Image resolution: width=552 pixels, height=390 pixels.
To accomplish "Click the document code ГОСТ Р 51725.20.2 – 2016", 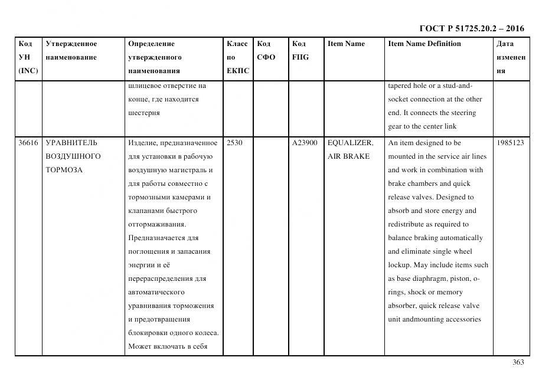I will [471, 28].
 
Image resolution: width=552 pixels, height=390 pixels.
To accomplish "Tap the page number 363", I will [518, 362].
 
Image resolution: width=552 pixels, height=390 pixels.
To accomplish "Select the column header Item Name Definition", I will [424, 44].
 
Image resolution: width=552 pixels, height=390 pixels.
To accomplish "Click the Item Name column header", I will [346, 44].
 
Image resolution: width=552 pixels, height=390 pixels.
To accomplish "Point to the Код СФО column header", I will [266, 51].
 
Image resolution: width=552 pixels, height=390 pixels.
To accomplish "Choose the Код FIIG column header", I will [300, 51].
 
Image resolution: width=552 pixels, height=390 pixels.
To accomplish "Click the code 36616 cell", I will [28, 143].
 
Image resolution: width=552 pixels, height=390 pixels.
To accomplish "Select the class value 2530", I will [234, 143].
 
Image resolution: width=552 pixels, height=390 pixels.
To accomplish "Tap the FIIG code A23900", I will [305, 143].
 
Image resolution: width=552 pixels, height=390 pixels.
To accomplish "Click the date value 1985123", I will [510, 143].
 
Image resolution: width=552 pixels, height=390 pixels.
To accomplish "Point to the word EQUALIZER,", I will [350, 143].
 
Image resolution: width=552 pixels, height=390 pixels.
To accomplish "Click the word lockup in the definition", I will [400, 266].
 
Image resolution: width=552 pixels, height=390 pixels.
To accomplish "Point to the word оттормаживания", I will [156, 224].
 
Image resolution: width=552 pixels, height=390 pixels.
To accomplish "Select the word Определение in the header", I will [151, 44].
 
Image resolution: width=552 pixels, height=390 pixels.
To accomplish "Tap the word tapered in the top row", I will [400, 86].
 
